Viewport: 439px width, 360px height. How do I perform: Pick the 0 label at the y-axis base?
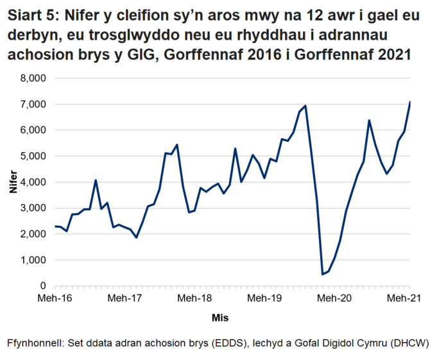click(x=43, y=286)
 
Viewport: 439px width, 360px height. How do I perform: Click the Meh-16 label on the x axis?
click(x=55, y=298)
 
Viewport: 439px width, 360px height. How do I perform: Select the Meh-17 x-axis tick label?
click(x=125, y=298)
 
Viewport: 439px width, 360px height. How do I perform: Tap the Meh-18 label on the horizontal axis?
click(x=195, y=298)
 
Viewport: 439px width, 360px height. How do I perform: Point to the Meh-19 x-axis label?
click(x=265, y=298)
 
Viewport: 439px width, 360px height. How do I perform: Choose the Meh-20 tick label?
click(x=335, y=298)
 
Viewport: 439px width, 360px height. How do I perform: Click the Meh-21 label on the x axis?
click(x=404, y=298)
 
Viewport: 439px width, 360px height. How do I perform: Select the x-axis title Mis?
click(x=220, y=318)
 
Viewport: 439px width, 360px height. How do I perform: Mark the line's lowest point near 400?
click(x=323, y=274)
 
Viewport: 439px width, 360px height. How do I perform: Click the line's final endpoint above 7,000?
click(x=409, y=102)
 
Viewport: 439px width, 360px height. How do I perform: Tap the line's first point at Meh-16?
click(x=55, y=226)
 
